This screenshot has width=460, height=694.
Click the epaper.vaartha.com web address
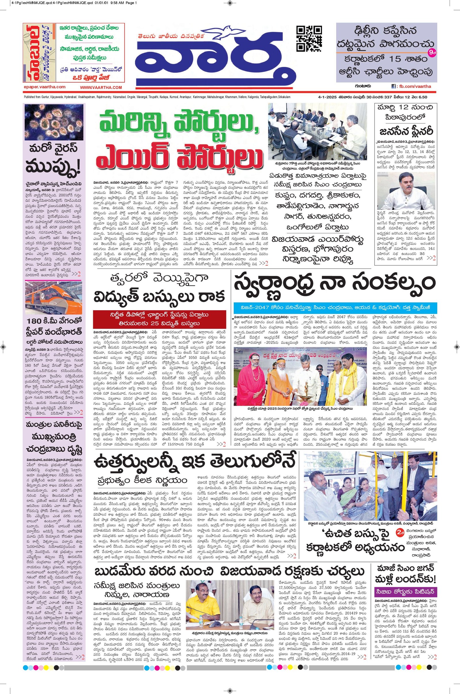(44, 87)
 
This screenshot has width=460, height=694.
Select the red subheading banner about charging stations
(160, 319)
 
